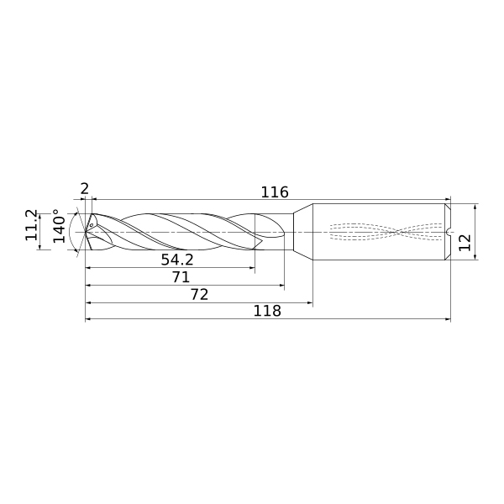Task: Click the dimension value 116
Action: point(275,192)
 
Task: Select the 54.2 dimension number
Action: point(177,260)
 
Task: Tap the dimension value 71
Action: point(181,277)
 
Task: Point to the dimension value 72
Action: point(200,295)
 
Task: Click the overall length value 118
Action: point(267,311)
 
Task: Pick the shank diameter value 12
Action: point(465,243)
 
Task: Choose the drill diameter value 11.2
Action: point(32,225)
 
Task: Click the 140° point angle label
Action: point(60,226)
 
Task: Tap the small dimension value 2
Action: point(84,189)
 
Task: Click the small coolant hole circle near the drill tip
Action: point(92,225)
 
